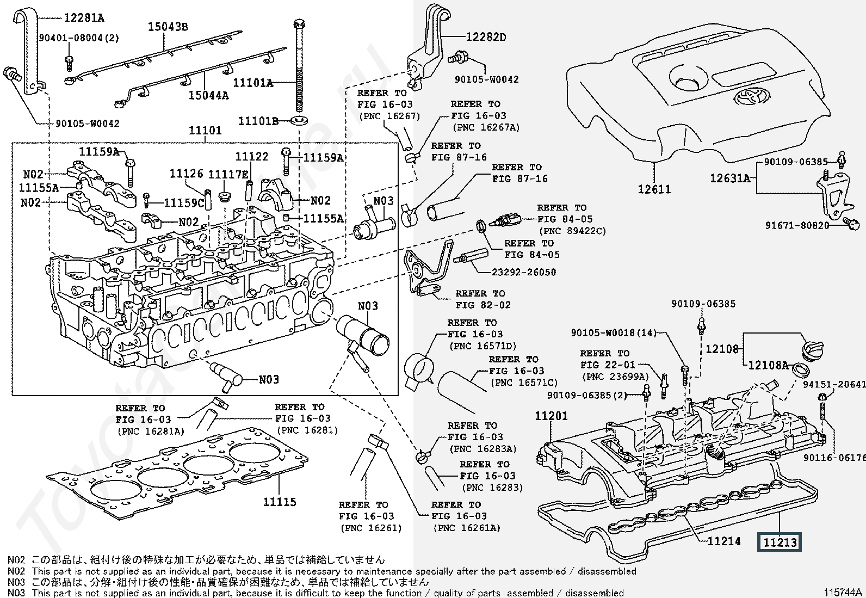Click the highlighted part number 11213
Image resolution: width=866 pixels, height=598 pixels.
pyautogui.click(x=780, y=542)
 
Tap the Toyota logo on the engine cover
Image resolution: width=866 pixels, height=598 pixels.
pyautogui.click(x=751, y=98)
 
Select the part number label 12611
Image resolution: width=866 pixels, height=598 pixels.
pyautogui.click(x=654, y=189)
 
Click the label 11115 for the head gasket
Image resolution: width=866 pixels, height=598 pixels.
pyautogui.click(x=280, y=502)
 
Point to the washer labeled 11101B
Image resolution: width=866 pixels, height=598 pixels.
pyautogui.click(x=298, y=120)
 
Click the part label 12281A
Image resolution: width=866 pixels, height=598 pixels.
pyautogui.click(x=84, y=18)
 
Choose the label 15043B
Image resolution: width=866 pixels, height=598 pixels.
pyautogui.click(x=168, y=27)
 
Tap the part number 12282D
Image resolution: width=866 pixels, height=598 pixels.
pyautogui.click(x=486, y=37)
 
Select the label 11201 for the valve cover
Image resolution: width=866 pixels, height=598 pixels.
pyautogui.click(x=551, y=416)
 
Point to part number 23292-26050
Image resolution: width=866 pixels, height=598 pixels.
pyautogui.click(x=524, y=272)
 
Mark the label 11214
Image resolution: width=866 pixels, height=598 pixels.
pyautogui.click(x=724, y=541)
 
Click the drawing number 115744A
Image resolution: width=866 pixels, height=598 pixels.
pyautogui.click(x=843, y=592)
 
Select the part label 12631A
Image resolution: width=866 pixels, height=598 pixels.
pyautogui.click(x=729, y=178)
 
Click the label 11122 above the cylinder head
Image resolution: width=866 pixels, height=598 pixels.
pyautogui.click(x=251, y=157)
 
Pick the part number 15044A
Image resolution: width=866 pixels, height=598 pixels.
pyautogui.click(x=208, y=96)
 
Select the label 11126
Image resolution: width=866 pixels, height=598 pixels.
pyautogui.click(x=187, y=174)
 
